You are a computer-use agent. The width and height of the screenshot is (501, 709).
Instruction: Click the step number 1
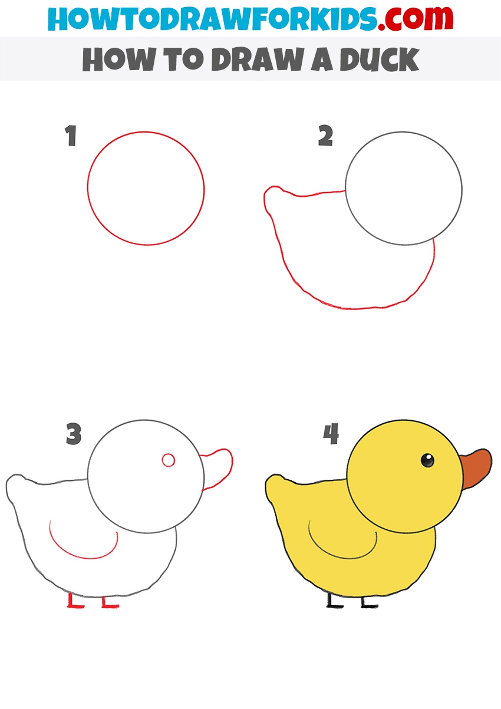(71, 136)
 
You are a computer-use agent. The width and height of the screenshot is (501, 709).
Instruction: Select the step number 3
(74, 434)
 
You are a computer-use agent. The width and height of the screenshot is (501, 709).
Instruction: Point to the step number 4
(331, 434)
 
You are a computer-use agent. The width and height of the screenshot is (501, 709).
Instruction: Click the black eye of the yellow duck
(427, 460)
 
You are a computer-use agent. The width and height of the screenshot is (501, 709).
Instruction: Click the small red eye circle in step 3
(169, 460)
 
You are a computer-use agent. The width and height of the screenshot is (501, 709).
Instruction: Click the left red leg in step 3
(74, 600)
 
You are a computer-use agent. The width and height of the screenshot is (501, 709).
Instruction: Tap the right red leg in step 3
(108, 601)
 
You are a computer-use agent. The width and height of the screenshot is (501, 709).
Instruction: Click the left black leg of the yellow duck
(334, 600)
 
